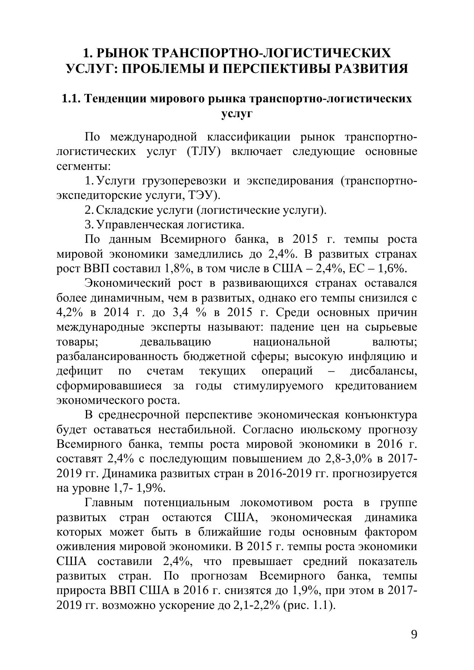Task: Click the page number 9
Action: [x=414, y=634]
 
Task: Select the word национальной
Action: [x=292, y=342]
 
